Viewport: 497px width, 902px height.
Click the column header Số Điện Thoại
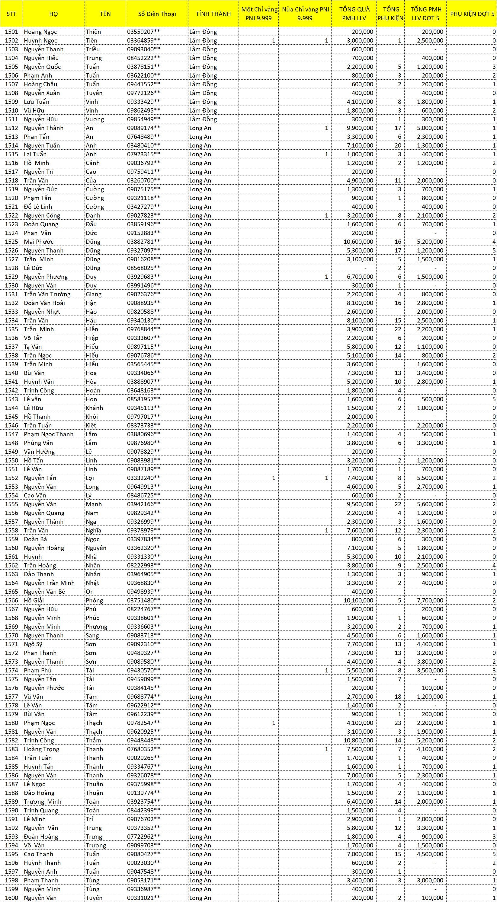157,14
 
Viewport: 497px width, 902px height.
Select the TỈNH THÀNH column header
213,14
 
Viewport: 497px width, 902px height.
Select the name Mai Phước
39,242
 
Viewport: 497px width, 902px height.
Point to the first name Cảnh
92,163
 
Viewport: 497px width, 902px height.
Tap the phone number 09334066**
143,373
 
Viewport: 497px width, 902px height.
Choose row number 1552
11,478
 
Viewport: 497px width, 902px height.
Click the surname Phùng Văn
38,443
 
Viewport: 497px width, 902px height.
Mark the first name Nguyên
96,548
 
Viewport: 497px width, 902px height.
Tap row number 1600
11,897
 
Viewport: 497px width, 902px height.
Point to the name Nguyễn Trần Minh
49,583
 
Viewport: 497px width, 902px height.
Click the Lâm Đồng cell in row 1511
203,119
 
